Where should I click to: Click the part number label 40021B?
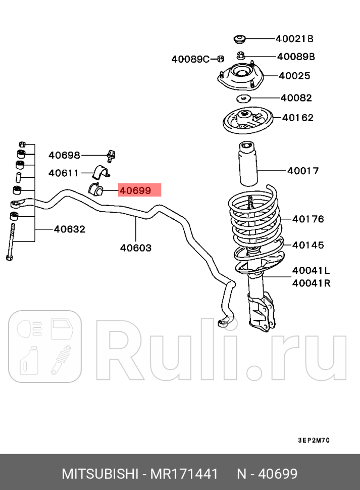pos(294,38)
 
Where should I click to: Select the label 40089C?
pos(190,59)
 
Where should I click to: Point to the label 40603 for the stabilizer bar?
pos(136,248)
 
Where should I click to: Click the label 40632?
pos(70,229)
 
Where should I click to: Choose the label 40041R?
pos(311,283)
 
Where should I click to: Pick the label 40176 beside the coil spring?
pos(308,219)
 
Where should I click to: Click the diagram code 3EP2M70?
pos(313,440)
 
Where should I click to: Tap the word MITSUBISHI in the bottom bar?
pos(99,474)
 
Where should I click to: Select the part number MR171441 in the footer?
pos(186,474)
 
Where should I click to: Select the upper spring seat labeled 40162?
pos(248,121)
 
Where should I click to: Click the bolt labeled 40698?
pos(111,156)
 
